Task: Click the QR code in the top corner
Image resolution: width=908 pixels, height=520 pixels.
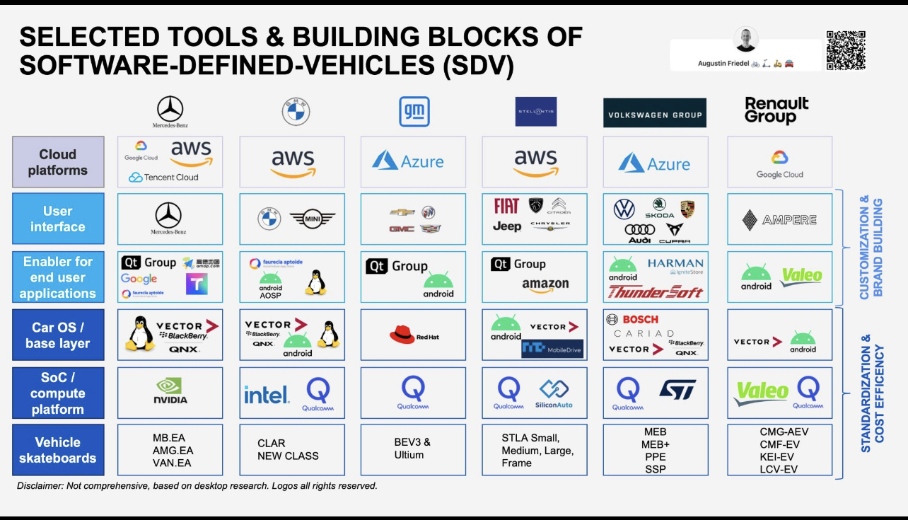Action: tap(845, 50)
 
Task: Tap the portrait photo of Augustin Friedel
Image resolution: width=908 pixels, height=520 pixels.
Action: tap(745, 40)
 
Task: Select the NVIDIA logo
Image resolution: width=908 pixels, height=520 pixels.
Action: tap(170, 391)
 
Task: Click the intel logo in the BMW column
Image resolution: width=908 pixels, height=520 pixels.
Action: tap(266, 395)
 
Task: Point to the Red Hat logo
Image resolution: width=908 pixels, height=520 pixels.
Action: tap(414, 335)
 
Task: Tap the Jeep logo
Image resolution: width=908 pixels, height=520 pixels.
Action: tap(507, 226)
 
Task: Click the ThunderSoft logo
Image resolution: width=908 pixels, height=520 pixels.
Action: tap(655, 291)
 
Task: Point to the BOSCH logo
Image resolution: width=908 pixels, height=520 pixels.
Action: tap(631, 320)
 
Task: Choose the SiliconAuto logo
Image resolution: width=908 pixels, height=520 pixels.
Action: tap(554, 393)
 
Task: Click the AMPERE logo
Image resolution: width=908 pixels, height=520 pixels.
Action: tap(779, 219)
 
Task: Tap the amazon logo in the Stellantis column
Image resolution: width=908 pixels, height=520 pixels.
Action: tap(545, 284)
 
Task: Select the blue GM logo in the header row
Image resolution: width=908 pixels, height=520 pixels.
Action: tap(414, 112)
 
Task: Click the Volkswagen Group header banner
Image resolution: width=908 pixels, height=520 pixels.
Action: tap(655, 114)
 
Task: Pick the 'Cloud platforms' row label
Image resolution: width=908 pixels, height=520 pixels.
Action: tap(58, 162)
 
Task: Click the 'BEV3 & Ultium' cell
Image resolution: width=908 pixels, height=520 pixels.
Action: tap(413, 449)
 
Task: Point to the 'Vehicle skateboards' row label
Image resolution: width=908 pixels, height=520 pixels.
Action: tap(58, 450)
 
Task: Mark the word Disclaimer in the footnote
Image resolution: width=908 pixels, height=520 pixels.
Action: tap(40, 486)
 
